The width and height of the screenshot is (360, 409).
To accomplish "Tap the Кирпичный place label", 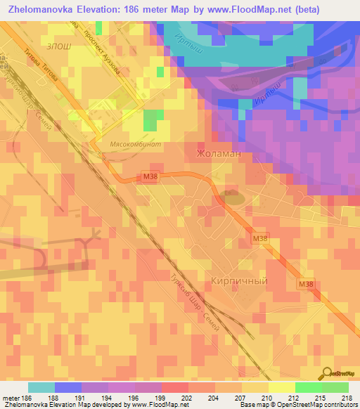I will [x=239, y=280].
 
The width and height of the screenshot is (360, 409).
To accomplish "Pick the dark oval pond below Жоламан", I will [x=233, y=198].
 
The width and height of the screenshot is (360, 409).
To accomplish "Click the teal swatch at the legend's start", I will [x=41, y=387].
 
